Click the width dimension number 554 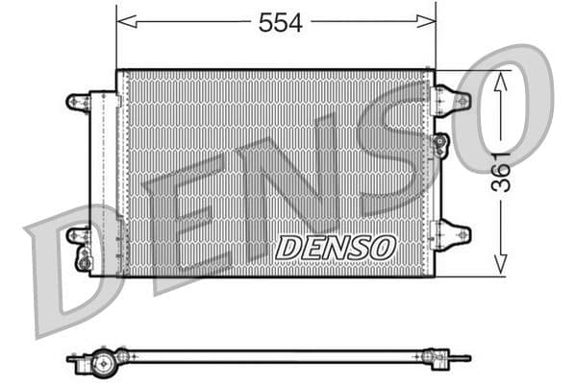(x=280, y=23)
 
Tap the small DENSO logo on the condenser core (x=335, y=247)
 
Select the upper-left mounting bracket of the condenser (x=78, y=101)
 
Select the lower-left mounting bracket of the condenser (x=78, y=233)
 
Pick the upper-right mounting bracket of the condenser (x=452, y=99)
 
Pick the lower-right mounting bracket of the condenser (x=452, y=233)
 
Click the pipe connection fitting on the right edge (x=440, y=145)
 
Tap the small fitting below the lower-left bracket (x=85, y=259)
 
